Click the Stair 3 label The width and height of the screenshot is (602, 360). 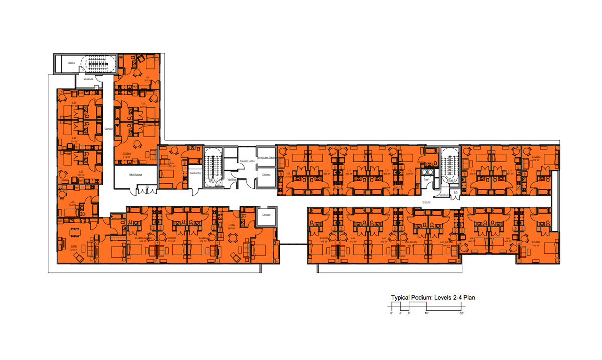pyautogui.click(x=71, y=63)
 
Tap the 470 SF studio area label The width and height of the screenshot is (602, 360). pyautogui.click(x=536, y=246)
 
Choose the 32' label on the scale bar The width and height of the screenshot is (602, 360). pyautogui.click(x=461, y=313)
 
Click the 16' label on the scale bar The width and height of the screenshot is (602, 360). pyautogui.click(x=426, y=313)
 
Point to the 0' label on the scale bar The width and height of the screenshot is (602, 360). pyautogui.click(x=391, y=313)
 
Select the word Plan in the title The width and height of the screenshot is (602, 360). pyautogui.click(x=469, y=297)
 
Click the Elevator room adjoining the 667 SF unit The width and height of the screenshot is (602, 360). pyautogui.click(x=266, y=215)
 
